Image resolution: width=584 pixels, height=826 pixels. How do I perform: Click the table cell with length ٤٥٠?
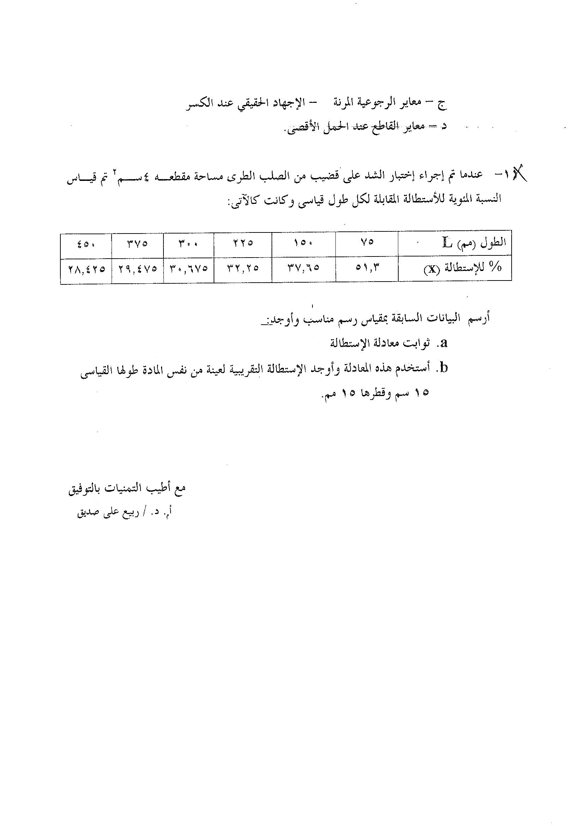85,243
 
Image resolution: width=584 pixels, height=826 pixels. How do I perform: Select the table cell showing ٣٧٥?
137,243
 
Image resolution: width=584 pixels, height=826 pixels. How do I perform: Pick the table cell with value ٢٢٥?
242,243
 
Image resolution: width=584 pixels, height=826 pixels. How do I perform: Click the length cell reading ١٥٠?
304,243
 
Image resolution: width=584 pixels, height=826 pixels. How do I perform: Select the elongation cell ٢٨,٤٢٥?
86,269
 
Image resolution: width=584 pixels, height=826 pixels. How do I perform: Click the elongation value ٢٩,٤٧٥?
137,269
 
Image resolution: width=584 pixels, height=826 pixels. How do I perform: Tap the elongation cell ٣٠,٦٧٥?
189,269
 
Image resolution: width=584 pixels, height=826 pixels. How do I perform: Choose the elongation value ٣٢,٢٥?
243,269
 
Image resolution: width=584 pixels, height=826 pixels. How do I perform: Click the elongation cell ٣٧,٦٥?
304,269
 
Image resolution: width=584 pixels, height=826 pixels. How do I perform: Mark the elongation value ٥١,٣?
367,268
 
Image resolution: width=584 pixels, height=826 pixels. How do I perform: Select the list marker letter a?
444,343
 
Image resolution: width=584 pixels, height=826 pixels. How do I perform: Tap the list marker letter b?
444,368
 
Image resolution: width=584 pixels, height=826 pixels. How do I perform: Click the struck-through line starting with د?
363,127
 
